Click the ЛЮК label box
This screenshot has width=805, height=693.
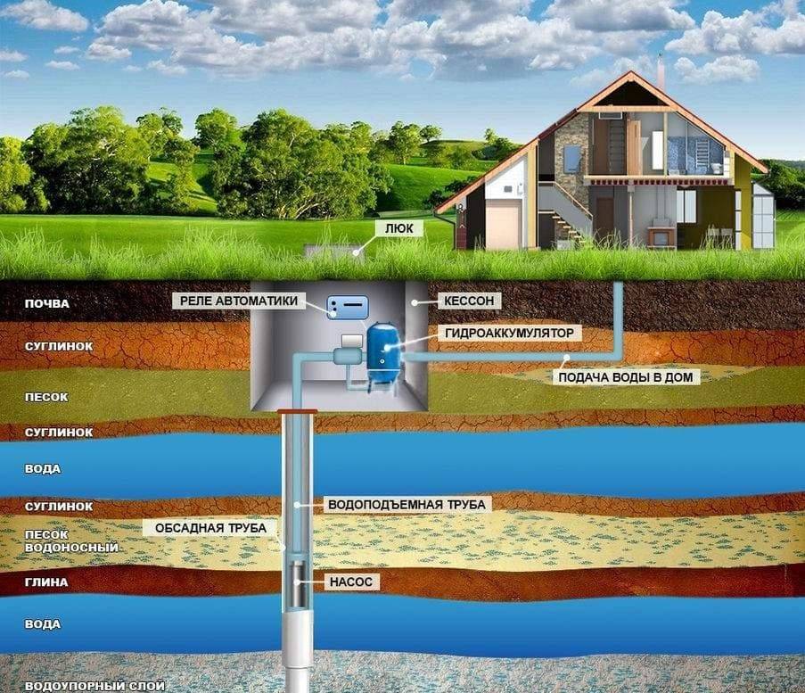[x=398, y=228]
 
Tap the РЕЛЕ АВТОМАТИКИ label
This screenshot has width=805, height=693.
[x=239, y=301]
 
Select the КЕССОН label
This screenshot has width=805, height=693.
[x=469, y=301]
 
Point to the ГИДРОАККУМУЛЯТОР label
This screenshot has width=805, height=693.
[x=509, y=333]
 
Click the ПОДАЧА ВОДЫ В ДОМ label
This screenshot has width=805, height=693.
[x=625, y=377]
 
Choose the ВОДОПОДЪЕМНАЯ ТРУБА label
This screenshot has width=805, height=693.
[x=407, y=505]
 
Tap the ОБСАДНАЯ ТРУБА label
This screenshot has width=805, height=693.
[x=210, y=528]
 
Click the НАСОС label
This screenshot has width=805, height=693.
[x=351, y=582]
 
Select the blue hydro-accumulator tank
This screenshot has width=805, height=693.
[x=383, y=353]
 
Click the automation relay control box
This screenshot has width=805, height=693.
[x=348, y=307]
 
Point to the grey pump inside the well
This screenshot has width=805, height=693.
[x=298, y=583]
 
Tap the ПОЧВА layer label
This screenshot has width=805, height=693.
[x=46, y=303]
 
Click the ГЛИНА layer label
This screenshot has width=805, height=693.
[x=46, y=582]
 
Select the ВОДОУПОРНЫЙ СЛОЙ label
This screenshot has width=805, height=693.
[x=95, y=686]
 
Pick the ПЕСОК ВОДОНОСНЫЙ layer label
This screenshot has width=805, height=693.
[x=71, y=541]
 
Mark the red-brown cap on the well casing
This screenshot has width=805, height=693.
[x=297, y=411]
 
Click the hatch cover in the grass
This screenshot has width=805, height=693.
[x=334, y=252]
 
